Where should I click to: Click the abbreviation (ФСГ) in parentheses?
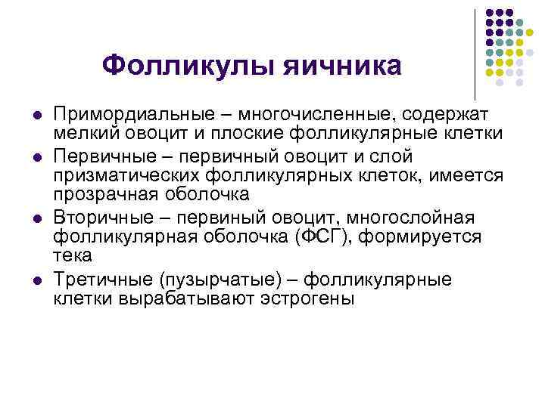[326, 237]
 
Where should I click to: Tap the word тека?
[73, 255]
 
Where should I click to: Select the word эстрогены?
[304, 298]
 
